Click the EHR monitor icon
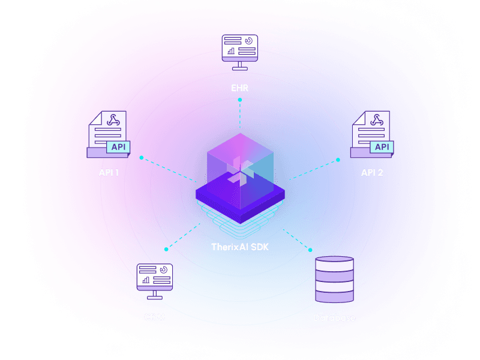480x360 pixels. (x=240, y=52)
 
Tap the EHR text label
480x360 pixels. (x=240, y=88)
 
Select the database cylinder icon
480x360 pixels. (x=335, y=280)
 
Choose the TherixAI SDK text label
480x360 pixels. (x=240, y=247)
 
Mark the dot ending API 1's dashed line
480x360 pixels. (x=142, y=158)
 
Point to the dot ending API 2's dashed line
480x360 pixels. (x=338, y=160)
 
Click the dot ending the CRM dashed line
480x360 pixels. (x=166, y=248)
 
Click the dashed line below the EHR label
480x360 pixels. (x=240, y=114)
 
